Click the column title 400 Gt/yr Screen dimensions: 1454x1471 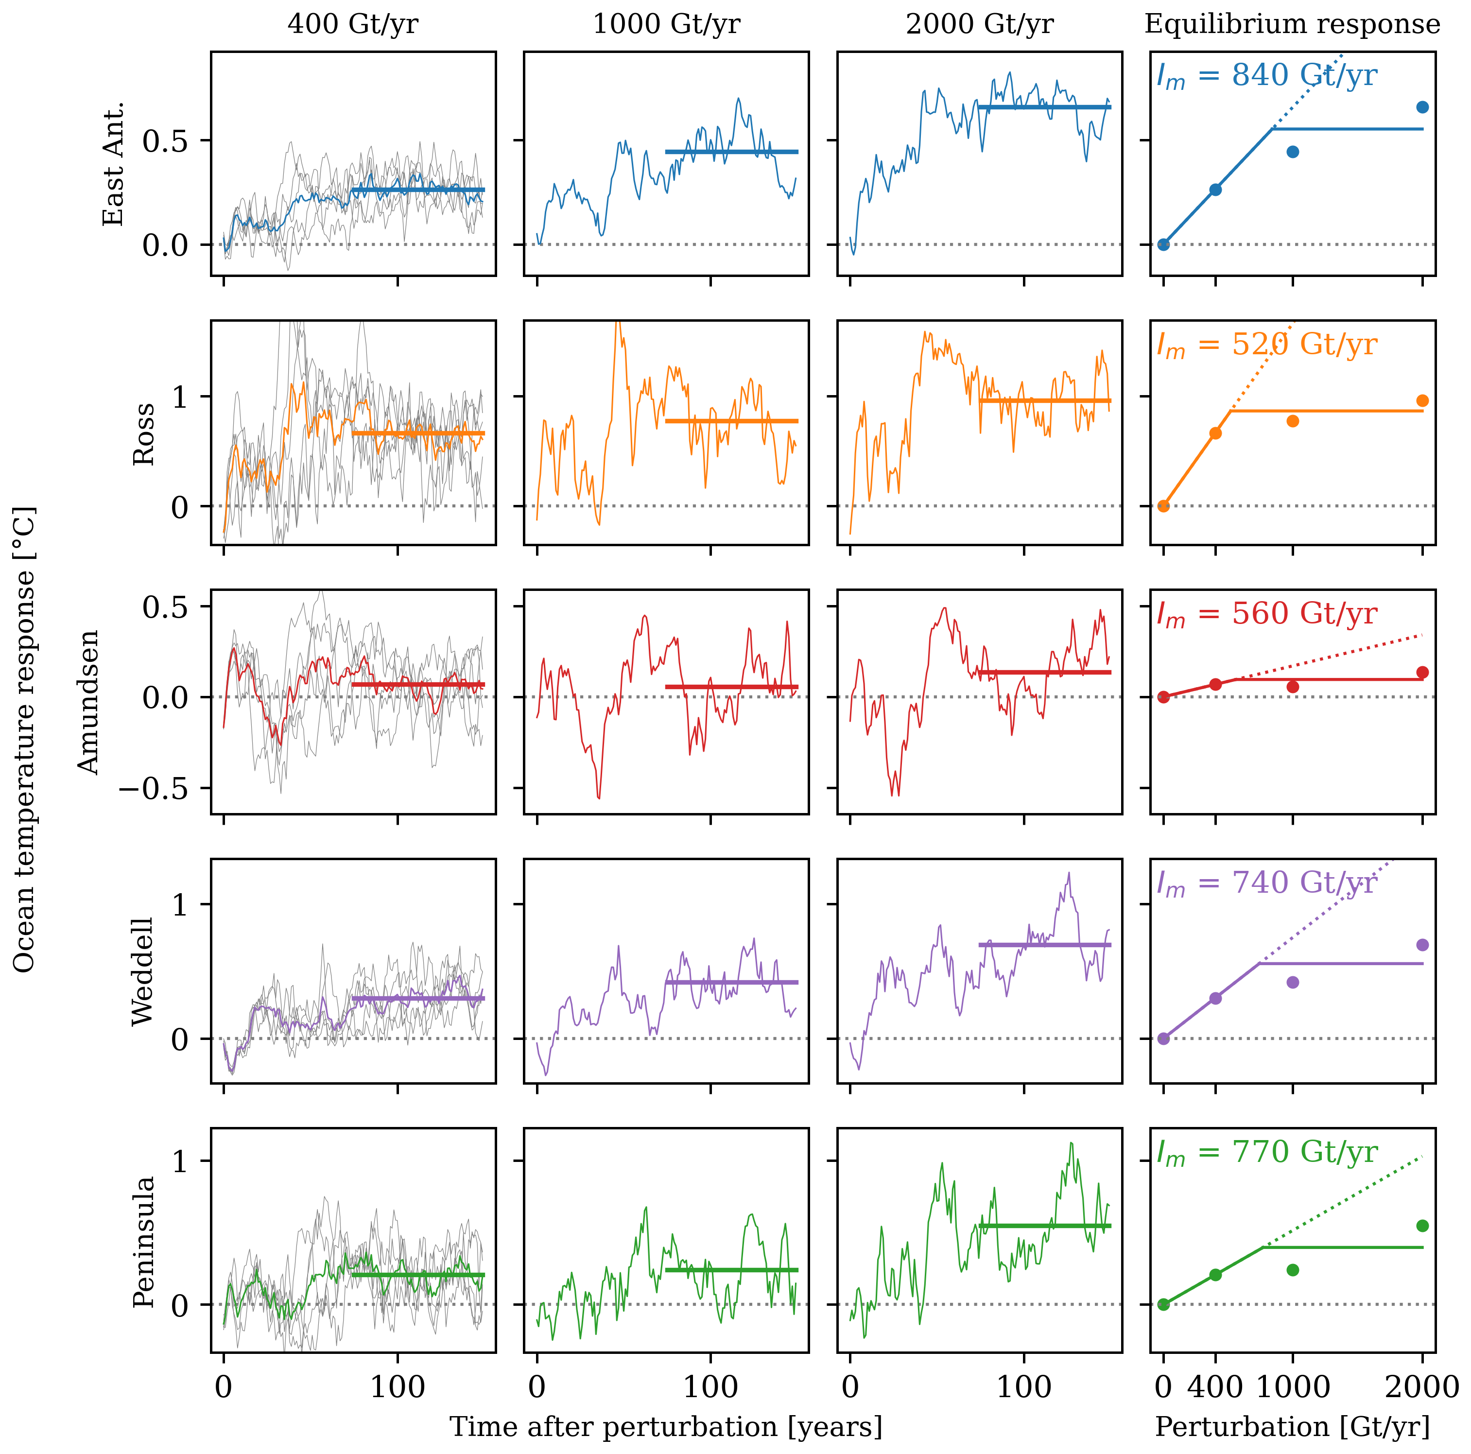tap(352, 24)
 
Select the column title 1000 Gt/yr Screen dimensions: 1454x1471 tap(666, 24)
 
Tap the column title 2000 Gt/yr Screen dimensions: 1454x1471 tap(979, 24)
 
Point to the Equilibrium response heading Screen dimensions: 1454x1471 tap(1292, 24)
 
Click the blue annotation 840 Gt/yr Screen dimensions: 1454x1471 tap(1267, 75)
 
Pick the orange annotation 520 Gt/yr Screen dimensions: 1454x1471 tap(1267, 344)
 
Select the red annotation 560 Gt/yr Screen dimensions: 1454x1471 tap(1267, 614)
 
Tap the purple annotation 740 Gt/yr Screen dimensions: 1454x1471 tap(1267, 883)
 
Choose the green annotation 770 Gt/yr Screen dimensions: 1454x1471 tap(1267, 1152)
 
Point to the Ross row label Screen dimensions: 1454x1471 tap(143, 434)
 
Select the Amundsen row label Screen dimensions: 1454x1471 tap(89, 702)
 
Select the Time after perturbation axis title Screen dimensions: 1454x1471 tap(666, 1426)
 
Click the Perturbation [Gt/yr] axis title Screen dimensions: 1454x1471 tap(1292, 1426)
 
